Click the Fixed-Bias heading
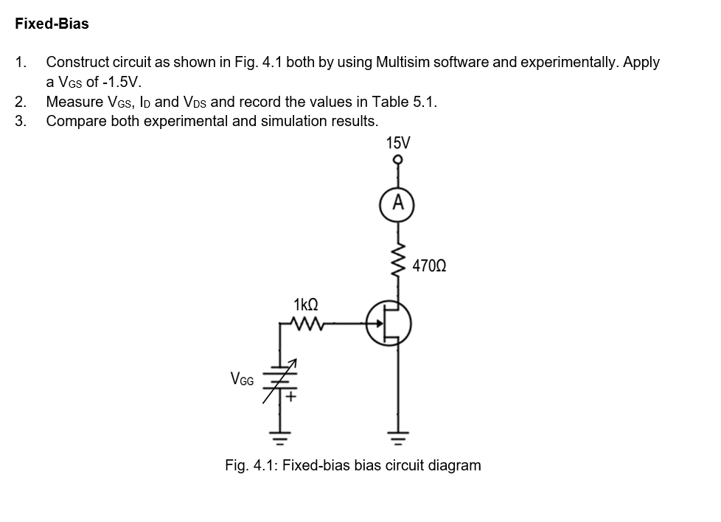(x=52, y=24)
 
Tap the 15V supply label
(x=399, y=142)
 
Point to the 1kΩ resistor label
(x=305, y=304)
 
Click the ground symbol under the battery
(x=280, y=439)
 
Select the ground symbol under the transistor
(x=399, y=439)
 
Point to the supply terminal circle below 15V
(x=399, y=159)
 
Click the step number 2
(x=21, y=102)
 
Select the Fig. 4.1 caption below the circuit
(x=352, y=465)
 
